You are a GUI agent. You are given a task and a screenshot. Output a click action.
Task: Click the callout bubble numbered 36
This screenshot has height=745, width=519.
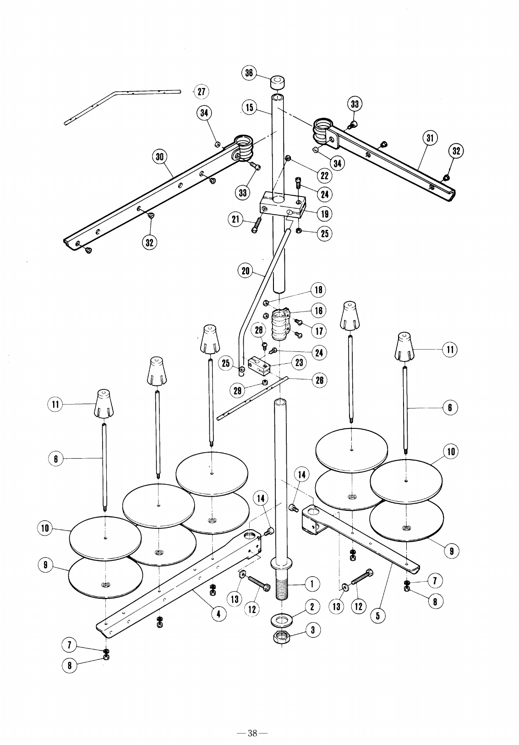pyautogui.click(x=249, y=73)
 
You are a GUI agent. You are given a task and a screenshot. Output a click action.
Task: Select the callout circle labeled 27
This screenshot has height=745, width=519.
pyautogui.click(x=201, y=91)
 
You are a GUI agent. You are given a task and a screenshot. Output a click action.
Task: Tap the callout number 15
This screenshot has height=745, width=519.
pyautogui.click(x=249, y=108)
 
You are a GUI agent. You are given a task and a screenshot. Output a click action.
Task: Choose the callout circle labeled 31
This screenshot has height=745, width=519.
pyautogui.click(x=429, y=138)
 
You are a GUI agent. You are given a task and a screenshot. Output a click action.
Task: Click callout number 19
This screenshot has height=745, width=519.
pyautogui.click(x=324, y=214)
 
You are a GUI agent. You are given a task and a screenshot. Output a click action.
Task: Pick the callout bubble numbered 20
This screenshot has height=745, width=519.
pyautogui.click(x=246, y=271)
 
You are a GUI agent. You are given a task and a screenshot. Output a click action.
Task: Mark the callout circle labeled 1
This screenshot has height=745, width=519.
pyautogui.click(x=312, y=583)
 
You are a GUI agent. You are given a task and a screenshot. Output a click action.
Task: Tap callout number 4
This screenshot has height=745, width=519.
pyautogui.click(x=219, y=614)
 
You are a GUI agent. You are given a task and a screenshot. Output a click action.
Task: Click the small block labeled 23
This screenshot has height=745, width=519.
pyautogui.click(x=259, y=366)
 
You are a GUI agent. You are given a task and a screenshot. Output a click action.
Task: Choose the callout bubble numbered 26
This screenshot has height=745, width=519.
pyautogui.click(x=319, y=380)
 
